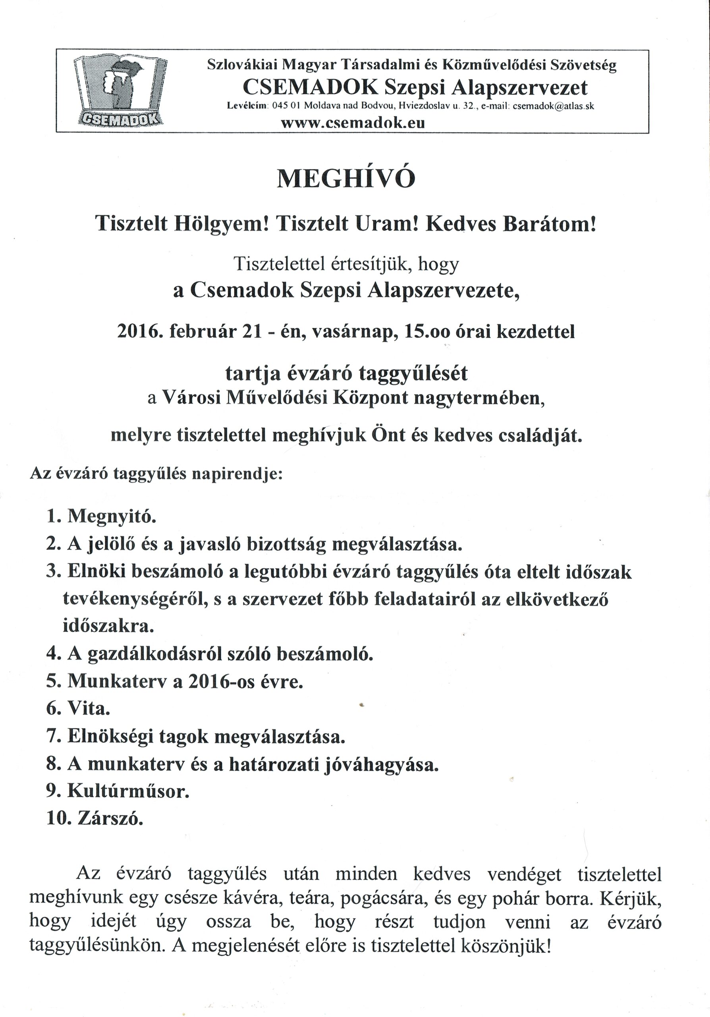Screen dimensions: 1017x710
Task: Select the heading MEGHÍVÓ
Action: tap(346, 180)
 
